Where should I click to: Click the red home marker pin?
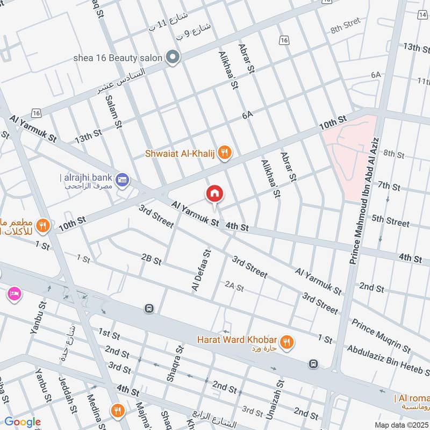pos(214,193)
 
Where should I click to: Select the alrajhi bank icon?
pos(122,178)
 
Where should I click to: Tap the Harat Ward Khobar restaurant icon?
pos(286,340)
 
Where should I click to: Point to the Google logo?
pos(22,422)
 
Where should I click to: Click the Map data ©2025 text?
pos(400,425)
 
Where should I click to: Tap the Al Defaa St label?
pos(200,271)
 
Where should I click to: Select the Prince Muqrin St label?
pos(381,333)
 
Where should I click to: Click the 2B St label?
pos(151,260)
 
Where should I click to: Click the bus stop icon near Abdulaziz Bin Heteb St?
pos(313,364)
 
